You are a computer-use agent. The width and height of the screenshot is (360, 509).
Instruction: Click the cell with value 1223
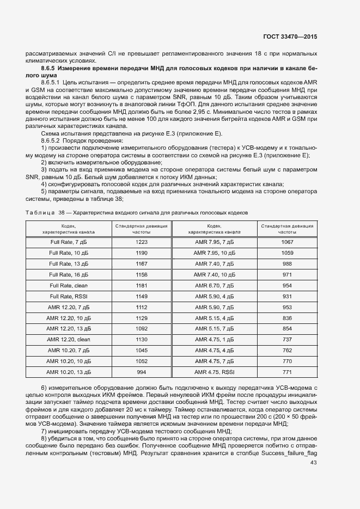pos(142,242)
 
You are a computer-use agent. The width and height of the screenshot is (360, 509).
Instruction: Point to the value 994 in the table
pos(142,372)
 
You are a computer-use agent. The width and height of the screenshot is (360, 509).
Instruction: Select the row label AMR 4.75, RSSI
pos(214,372)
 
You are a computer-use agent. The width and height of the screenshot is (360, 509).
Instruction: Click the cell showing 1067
pos(287,242)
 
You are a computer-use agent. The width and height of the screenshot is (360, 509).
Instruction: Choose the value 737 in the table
pos(287,339)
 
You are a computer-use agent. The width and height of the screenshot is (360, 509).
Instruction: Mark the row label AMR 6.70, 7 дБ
pos(214,285)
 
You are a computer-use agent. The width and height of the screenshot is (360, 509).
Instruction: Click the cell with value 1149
pos(142,296)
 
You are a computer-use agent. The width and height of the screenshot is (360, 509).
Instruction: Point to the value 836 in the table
pos(287,318)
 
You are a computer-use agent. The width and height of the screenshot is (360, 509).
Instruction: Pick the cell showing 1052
pos(142,361)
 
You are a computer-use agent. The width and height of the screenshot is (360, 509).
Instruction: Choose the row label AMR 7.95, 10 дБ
pos(214,253)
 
